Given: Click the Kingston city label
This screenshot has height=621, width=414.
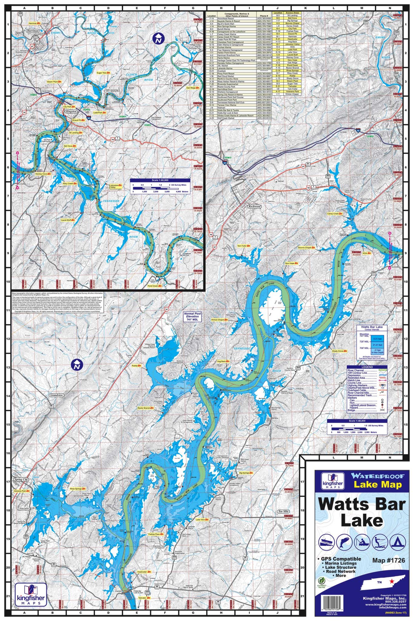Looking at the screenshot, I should point(71,112).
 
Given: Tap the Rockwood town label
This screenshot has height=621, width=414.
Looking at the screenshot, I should point(254,206).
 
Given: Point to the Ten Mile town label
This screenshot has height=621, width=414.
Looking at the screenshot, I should point(283,511).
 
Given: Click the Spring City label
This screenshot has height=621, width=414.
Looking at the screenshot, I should point(20,480).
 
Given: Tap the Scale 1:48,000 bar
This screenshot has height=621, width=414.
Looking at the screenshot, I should point(357,421).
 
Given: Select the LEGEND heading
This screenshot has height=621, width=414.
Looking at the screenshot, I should point(367,367).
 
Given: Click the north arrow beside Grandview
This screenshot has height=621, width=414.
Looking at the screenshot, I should point(77,365).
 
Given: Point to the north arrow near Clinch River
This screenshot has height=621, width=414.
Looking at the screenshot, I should point(158,38).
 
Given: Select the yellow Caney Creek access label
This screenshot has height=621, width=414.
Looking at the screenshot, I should point(335,214).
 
